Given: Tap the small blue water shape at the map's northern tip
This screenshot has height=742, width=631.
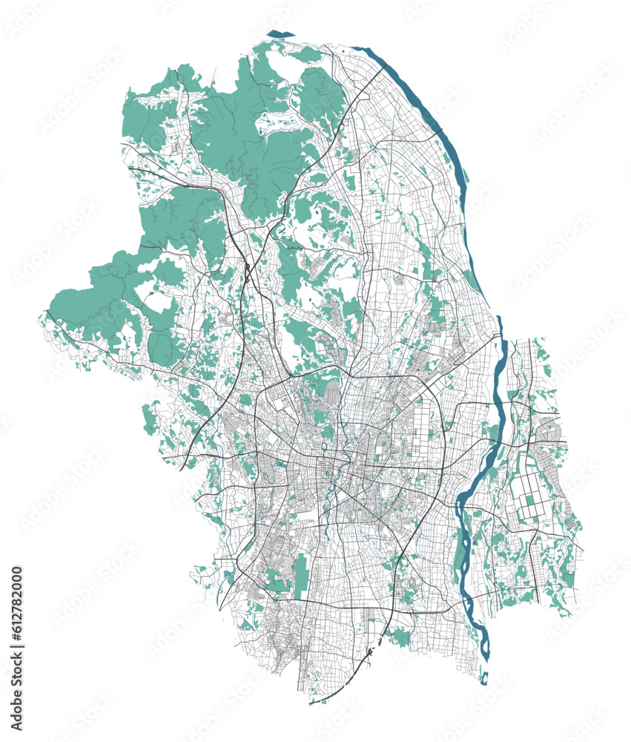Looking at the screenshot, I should [280, 33].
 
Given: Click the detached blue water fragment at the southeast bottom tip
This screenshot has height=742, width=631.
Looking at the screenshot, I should [484, 677].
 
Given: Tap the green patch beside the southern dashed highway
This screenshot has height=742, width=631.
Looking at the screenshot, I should [401, 636].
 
